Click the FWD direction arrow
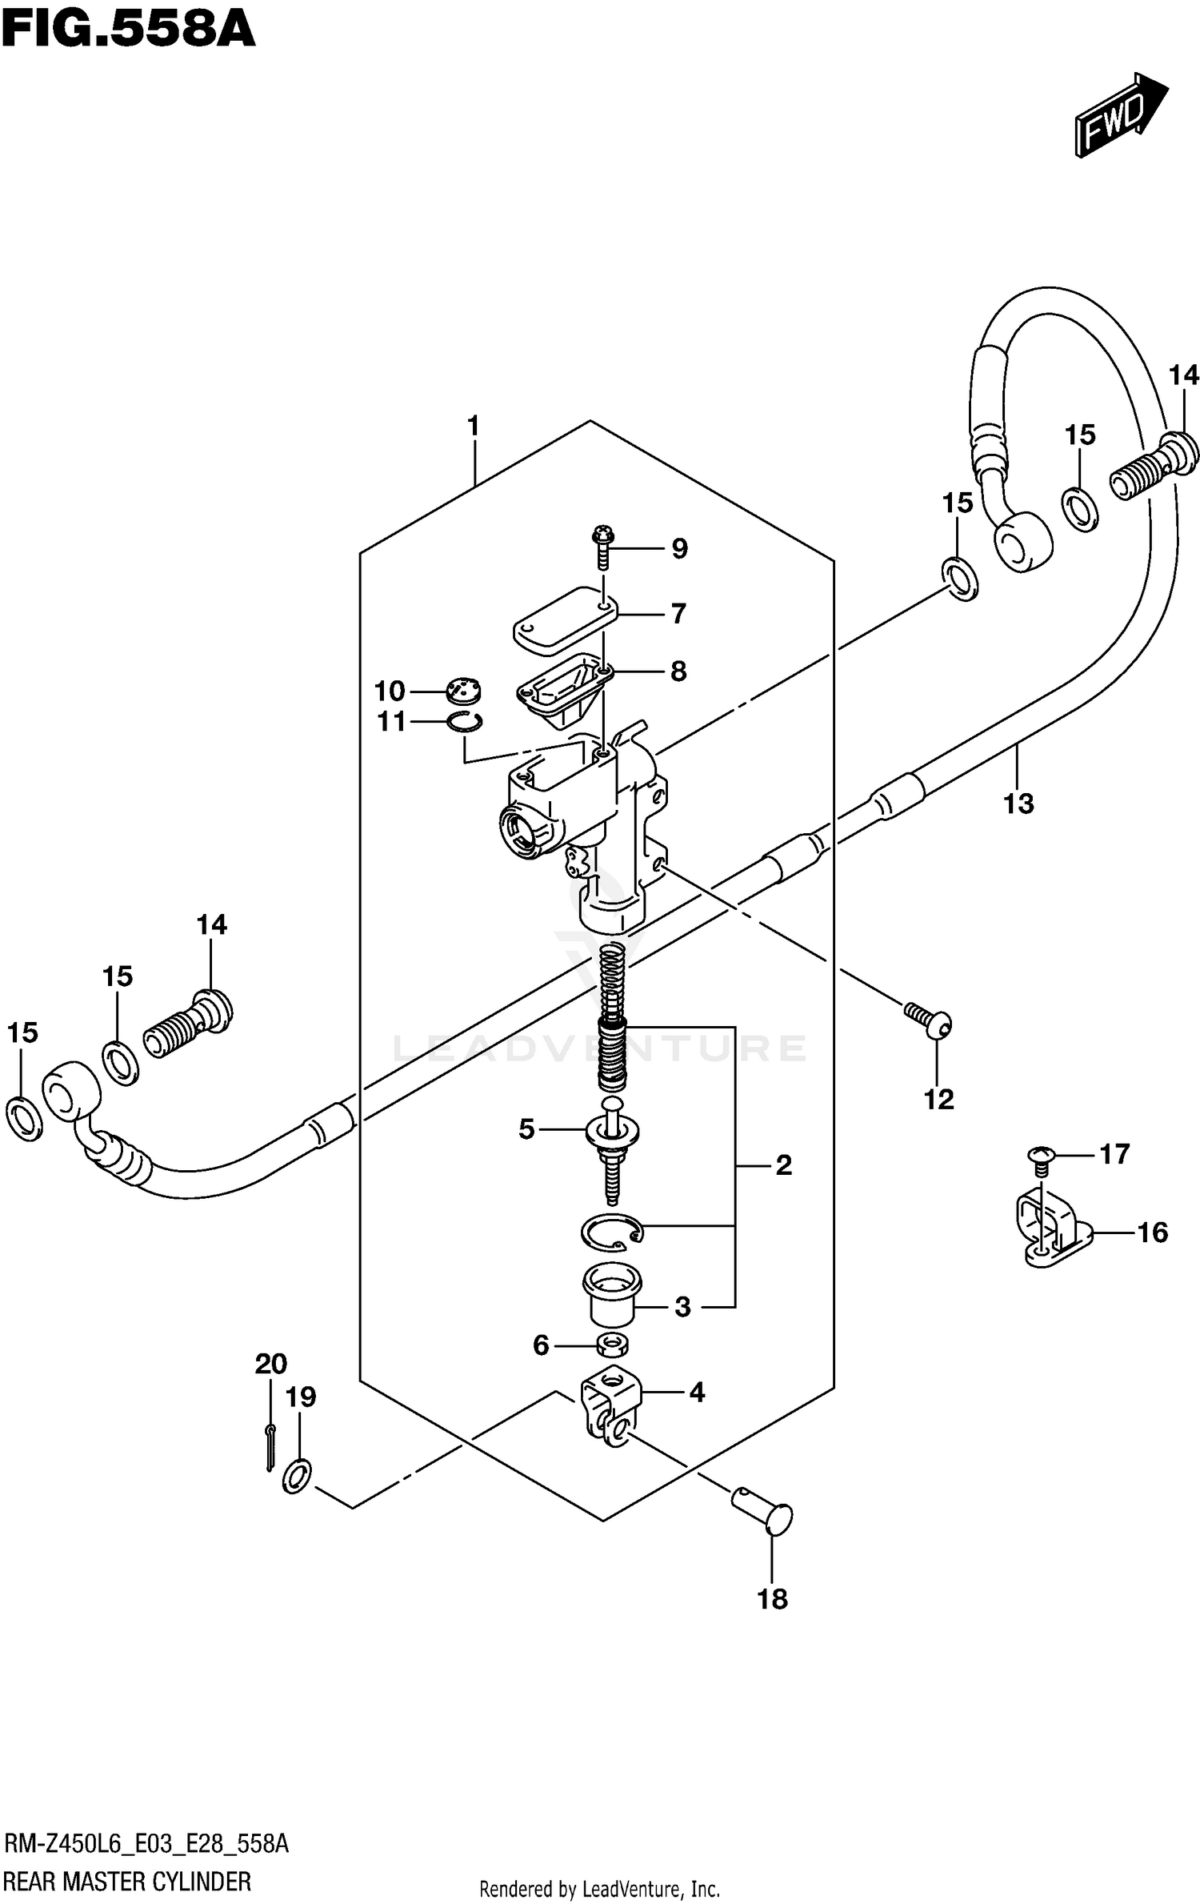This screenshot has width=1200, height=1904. (x=1120, y=116)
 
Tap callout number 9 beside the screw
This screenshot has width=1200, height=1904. (x=678, y=548)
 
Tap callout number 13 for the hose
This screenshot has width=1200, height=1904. (x=1018, y=803)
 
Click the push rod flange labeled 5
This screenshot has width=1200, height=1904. (x=613, y=1130)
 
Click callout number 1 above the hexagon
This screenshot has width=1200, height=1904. (x=474, y=426)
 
